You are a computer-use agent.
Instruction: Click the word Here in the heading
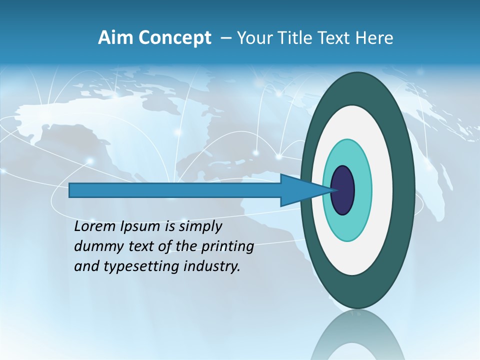point(373,38)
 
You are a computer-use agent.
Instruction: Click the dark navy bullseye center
point(343,190)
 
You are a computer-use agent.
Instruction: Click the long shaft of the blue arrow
point(175,190)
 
